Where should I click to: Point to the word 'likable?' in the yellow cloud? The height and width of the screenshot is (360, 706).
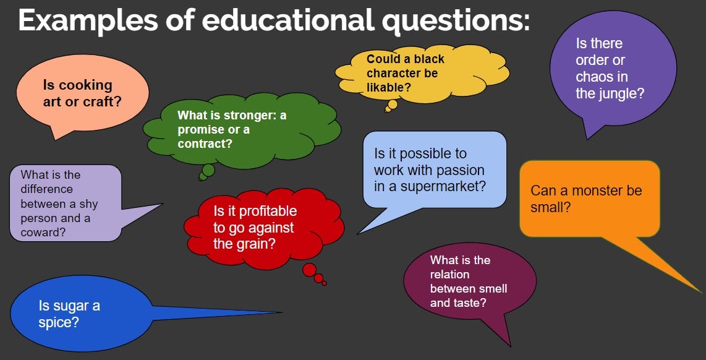(389, 88)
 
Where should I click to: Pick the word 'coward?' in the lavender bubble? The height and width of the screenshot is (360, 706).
(43, 233)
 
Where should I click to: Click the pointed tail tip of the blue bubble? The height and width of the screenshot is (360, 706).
(281, 312)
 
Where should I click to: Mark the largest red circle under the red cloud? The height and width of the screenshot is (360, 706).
(309, 270)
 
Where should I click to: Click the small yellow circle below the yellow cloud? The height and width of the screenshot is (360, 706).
(392, 105)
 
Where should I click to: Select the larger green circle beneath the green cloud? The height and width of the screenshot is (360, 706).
(208, 170)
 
